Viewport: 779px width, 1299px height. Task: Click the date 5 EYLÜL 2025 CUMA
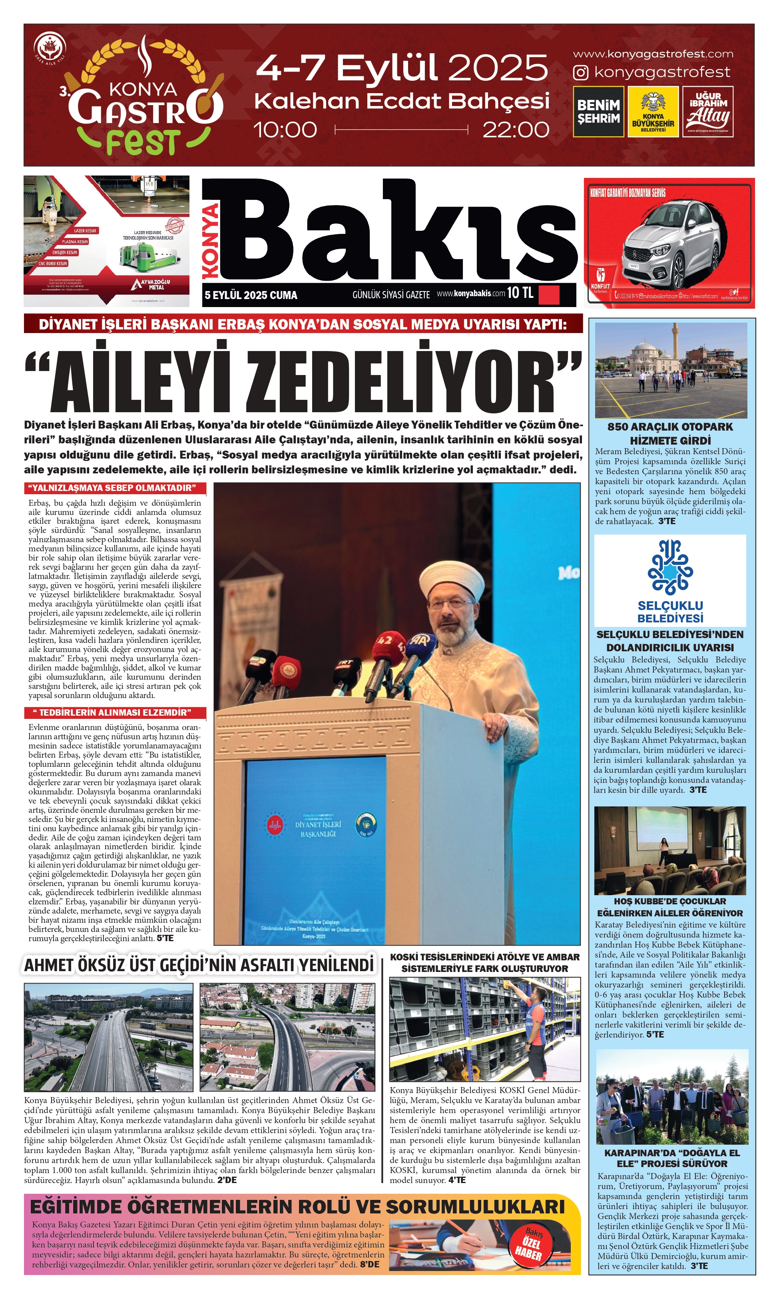(x=251, y=295)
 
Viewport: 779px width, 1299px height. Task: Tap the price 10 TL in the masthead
(x=520, y=293)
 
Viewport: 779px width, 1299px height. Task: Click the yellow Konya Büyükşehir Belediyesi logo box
(x=653, y=111)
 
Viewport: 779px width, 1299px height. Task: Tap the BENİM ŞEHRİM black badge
(x=598, y=111)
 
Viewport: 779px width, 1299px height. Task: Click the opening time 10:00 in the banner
(x=285, y=130)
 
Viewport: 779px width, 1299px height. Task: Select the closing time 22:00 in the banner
(x=516, y=130)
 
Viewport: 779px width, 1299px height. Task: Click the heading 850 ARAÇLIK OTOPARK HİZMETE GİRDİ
(x=670, y=434)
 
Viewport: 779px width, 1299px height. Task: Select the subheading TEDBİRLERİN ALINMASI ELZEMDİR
(x=115, y=712)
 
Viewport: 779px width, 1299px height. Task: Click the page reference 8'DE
(x=370, y=1264)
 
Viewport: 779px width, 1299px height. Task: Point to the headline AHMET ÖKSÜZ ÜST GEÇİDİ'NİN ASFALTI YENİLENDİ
(x=199, y=965)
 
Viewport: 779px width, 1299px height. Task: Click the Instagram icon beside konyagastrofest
(x=581, y=72)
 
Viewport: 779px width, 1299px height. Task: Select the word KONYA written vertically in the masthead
(x=211, y=241)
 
